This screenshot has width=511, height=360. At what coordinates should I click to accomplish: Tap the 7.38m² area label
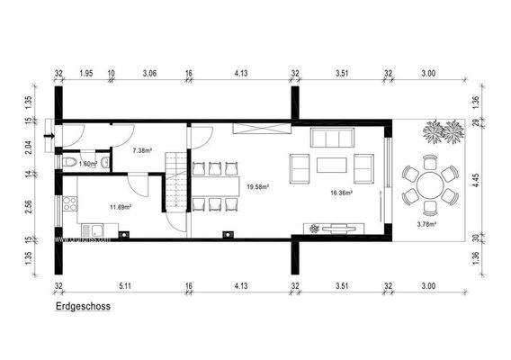coord(141,151)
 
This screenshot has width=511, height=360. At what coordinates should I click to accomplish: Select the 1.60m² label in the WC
coord(87,165)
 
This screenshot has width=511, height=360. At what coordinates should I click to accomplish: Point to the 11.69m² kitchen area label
coord(120,206)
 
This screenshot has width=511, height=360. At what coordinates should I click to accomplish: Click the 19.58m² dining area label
coord(258,188)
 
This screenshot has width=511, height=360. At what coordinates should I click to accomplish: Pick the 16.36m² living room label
coord(340,192)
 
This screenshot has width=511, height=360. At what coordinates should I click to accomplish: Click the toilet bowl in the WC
coord(72,162)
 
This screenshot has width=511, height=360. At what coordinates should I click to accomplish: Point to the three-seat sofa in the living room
coord(333,139)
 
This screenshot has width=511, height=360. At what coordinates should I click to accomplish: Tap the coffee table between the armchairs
coord(331,166)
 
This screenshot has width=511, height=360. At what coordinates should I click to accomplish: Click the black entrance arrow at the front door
coord(48,138)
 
